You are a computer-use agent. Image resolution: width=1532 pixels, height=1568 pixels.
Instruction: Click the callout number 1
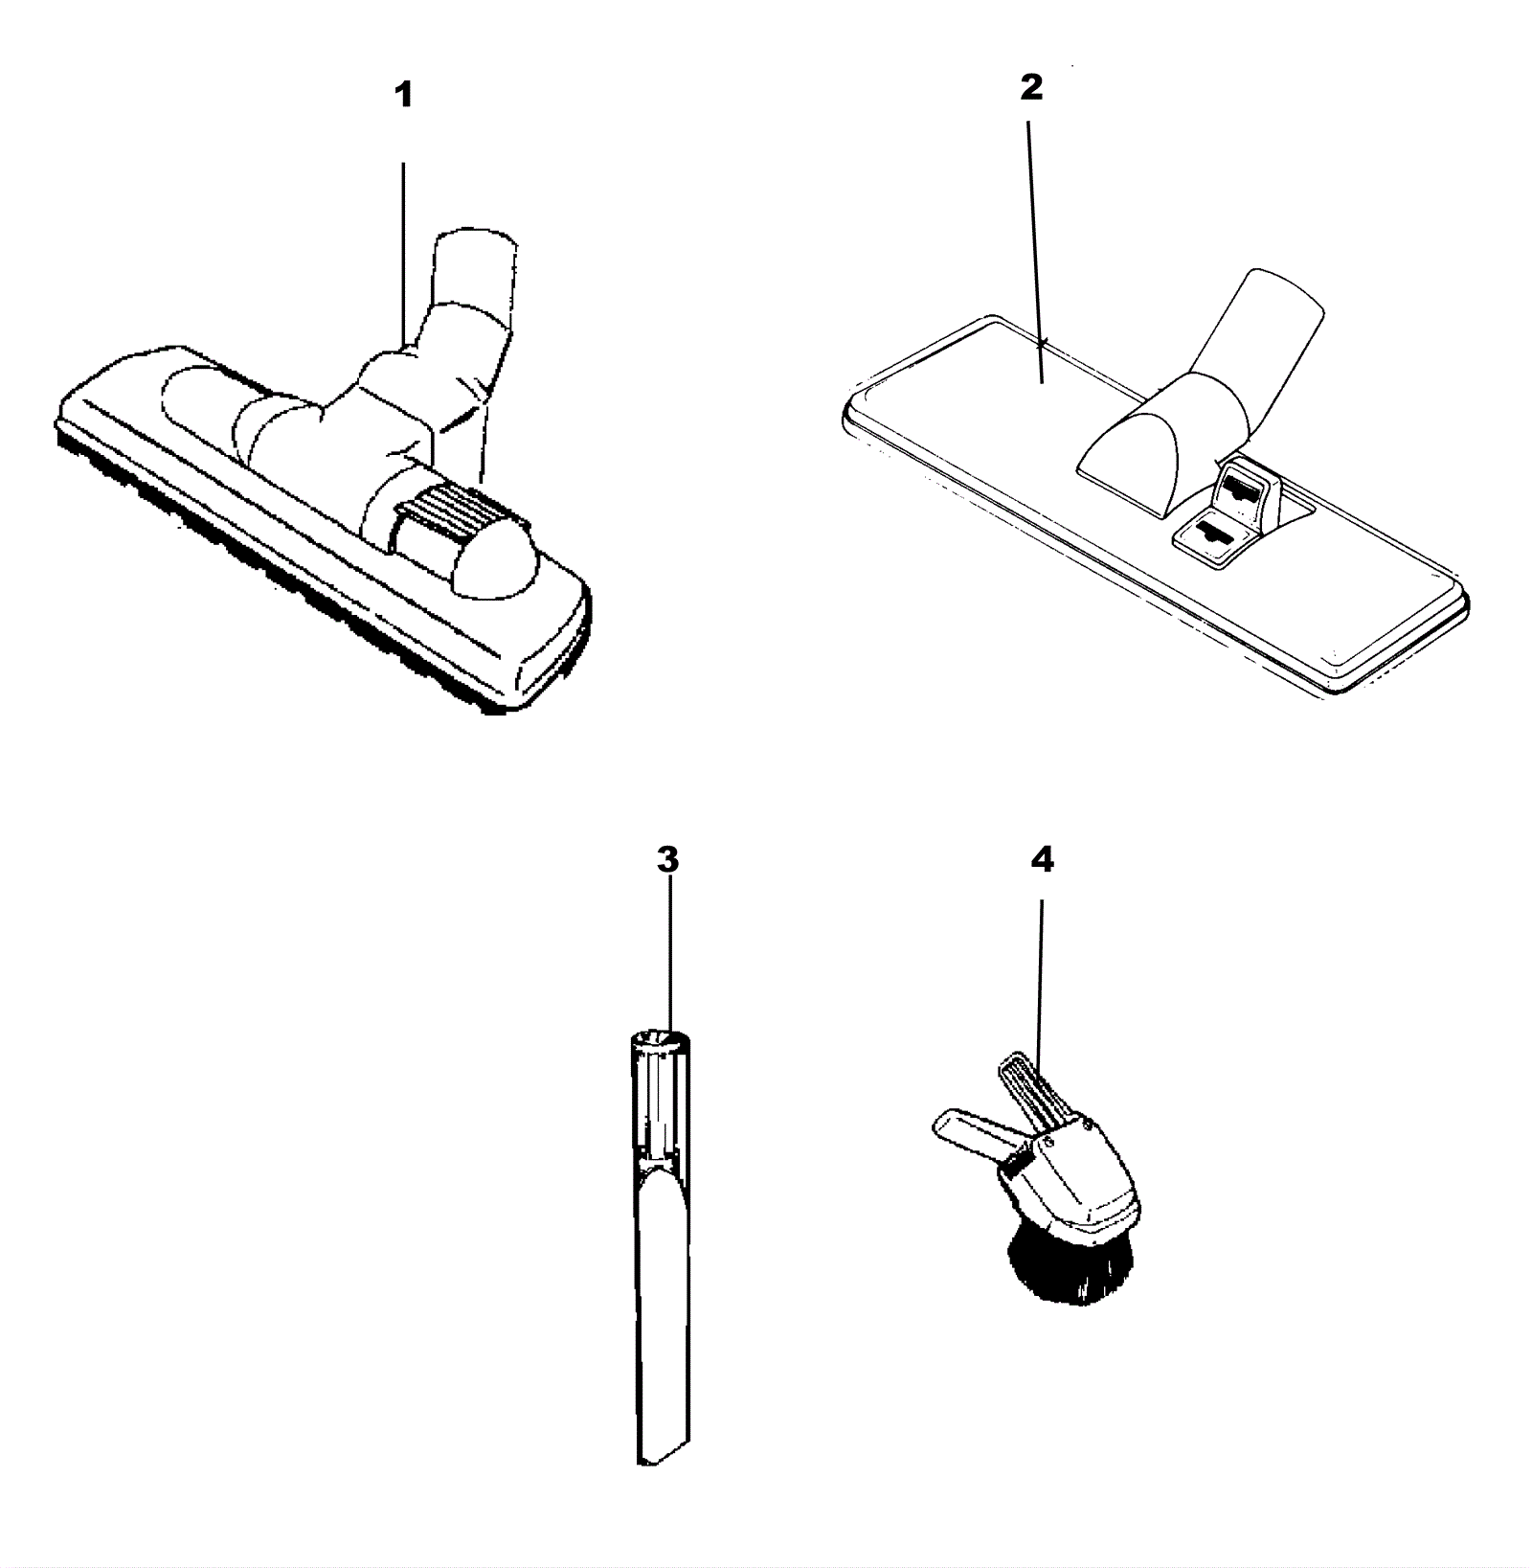click(x=404, y=96)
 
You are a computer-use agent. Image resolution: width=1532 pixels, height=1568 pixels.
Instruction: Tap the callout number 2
click(x=1030, y=88)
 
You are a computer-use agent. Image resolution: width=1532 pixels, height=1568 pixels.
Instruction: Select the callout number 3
click(x=667, y=859)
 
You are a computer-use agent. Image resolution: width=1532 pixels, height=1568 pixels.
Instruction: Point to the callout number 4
click(x=1042, y=859)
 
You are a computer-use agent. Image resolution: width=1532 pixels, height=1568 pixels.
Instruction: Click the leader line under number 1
click(x=403, y=254)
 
